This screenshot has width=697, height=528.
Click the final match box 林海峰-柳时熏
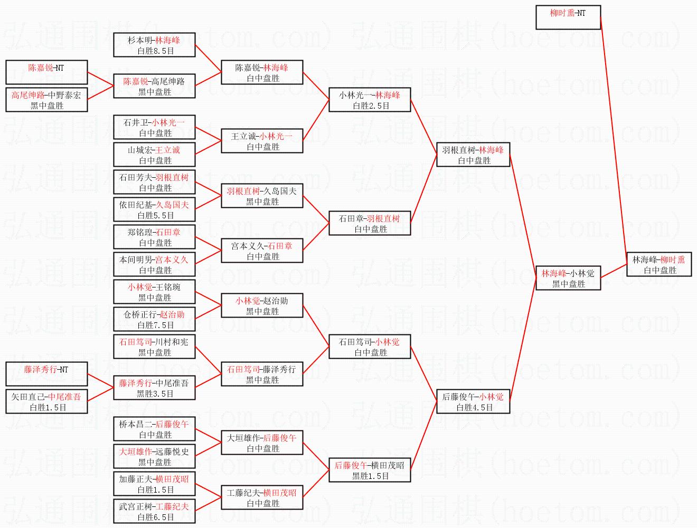pyautogui.click(x=659, y=264)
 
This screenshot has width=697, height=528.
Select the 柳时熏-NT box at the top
pyautogui.click(x=568, y=17)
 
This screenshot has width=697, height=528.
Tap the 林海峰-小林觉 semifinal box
pyautogui.click(x=568, y=278)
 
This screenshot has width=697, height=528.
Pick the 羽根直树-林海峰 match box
pyautogui.click(x=473, y=155)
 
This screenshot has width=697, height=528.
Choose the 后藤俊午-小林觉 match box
pyautogui.click(x=473, y=401)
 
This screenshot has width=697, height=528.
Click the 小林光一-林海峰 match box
pyautogui.click(x=370, y=100)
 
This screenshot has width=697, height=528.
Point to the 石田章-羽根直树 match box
pyautogui.click(x=370, y=223)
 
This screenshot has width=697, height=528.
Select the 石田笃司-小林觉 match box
pyautogui.click(x=370, y=347)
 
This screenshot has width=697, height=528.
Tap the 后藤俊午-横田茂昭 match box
pyautogui.click(x=370, y=470)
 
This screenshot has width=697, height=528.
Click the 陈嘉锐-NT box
pyautogui.click(x=46, y=72)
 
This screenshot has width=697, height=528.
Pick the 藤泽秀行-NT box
pyautogui.click(x=46, y=374)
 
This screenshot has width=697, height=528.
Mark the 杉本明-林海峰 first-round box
pyautogui.click(x=154, y=45)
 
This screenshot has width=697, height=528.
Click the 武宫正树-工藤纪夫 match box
pyautogui.click(x=154, y=511)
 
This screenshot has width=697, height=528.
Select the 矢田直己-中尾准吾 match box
pyautogui.click(x=46, y=401)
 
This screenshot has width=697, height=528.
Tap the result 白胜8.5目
pyautogui.click(x=155, y=51)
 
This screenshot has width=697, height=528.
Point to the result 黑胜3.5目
pyautogui.click(x=155, y=394)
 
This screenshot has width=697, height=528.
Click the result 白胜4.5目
pyautogui.click(x=474, y=408)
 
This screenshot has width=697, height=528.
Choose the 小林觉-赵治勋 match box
pyautogui.click(x=262, y=305)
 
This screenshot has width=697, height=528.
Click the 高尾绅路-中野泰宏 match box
pyautogui.click(x=46, y=100)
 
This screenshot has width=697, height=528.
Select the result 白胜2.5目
pyautogui.click(x=371, y=106)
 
